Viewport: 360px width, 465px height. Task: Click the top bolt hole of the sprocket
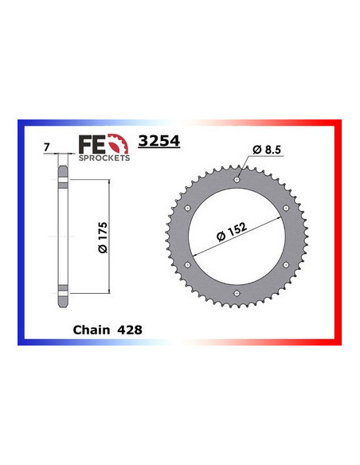[236, 181]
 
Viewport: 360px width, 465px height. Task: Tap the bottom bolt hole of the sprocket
[236, 293]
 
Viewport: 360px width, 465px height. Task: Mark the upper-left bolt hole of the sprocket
[187, 209]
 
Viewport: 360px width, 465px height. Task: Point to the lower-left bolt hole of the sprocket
[187, 265]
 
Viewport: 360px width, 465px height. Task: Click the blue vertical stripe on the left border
[21, 239]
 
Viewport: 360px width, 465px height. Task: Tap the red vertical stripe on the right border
[338, 239]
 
